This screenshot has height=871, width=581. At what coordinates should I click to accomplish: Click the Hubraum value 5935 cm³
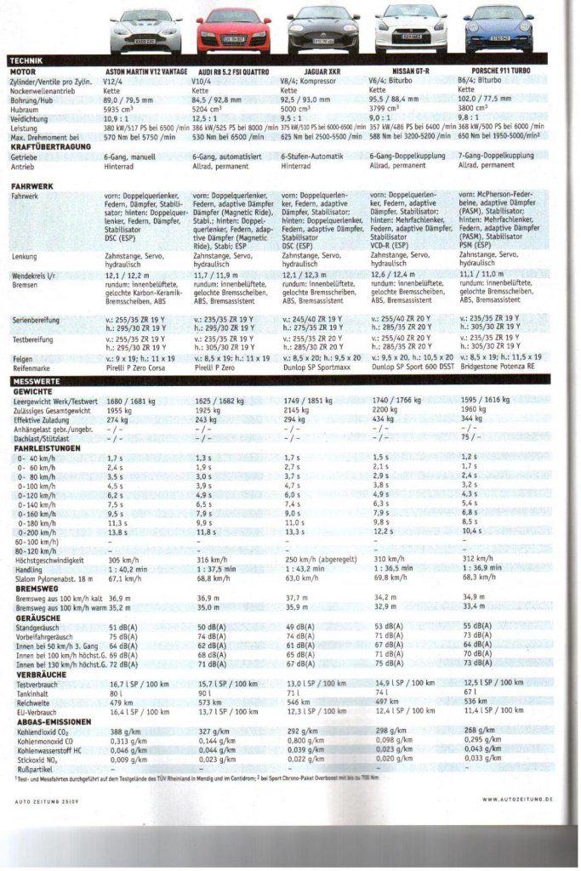click(122, 109)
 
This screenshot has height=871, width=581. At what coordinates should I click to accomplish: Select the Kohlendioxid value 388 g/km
click(125, 731)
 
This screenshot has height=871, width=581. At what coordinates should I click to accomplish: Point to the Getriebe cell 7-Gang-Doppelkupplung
click(496, 157)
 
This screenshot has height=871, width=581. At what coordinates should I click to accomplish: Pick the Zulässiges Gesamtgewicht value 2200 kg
click(387, 409)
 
